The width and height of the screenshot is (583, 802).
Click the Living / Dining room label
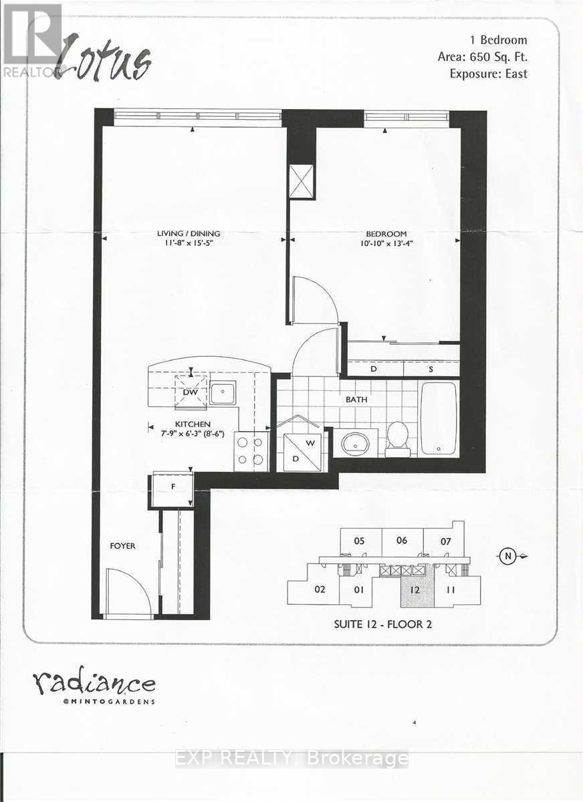[x=189, y=233]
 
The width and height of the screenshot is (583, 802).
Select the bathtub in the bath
[x=439, y=418]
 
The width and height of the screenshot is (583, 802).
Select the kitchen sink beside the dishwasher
[x=223, y=393]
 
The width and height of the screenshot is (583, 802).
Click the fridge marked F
[x=172, y=488]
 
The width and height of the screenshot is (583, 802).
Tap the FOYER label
[x=122, y=546]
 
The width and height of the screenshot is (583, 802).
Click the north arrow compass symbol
[x=509, y=556]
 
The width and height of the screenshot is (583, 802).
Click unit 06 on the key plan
[x=401, y=541]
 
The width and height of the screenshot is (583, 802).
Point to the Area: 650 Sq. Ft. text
[x=482, y=57]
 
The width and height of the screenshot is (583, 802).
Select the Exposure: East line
[x=488, y=74]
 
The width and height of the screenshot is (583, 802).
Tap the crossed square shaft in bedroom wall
[x=301, y=180]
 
